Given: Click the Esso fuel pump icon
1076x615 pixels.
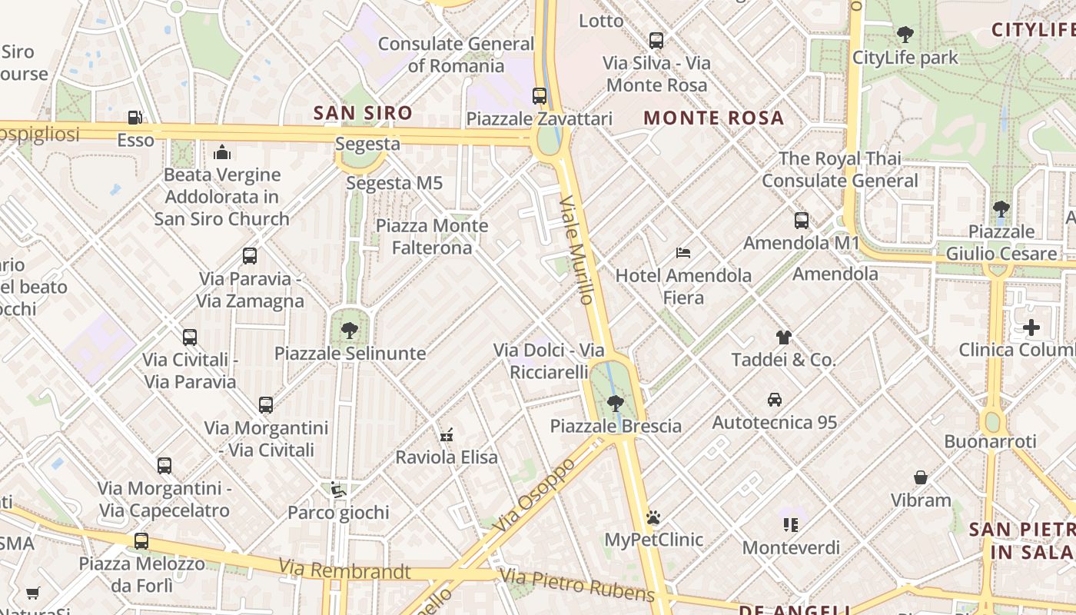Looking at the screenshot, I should click(x=135, y=118).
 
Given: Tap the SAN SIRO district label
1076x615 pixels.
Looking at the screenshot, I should click(x=363, y=113).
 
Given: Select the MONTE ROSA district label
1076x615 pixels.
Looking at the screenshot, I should click(x=713, y=118).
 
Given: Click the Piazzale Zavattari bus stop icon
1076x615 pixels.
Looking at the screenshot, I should click(x=540, y=96).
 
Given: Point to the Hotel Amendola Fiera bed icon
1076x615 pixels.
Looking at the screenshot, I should click(x=682, y=252).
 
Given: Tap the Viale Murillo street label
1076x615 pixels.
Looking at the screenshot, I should click(x=578, y=249).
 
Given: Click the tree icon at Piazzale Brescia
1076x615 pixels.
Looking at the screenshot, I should click(x=615, y=402).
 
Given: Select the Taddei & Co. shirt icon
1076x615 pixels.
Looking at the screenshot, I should click(x=783, y=337).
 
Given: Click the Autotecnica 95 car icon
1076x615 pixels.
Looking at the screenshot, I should click(x=774, y=400).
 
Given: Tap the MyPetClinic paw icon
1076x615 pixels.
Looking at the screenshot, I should click(x=653, y=517).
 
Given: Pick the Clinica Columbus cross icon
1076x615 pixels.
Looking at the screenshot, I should click(x=1031, y=328).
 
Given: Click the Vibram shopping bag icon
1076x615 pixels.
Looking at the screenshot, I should click(x=920, y=477).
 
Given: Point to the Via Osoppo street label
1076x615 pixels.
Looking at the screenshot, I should click(x=536, y=495).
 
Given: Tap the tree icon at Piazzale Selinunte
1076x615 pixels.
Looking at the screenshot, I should click(x=350, y=331).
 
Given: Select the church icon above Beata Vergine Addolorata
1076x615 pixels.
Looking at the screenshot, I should click(x=222, y=151).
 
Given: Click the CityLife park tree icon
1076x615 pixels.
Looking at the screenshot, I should click(x=905, y=35).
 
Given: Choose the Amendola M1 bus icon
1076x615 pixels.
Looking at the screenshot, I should click(x=801, y=221).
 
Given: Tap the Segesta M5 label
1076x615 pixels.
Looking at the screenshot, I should click(x=394, y=183).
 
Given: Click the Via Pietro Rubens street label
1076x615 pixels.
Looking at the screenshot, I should click(x=576, y=584).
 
